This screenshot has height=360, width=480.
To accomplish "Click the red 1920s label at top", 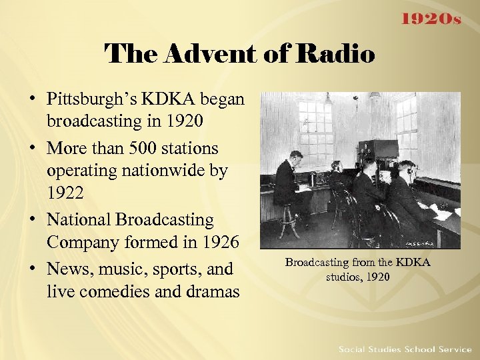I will (x=431, y=19).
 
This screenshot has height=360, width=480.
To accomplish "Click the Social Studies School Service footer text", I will (x=405, y=349).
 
